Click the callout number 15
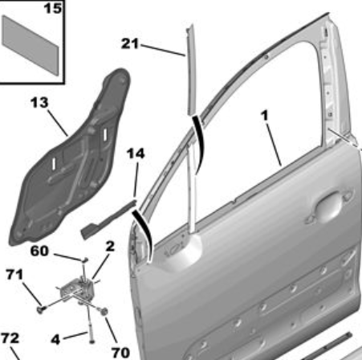pyautogui.click(x=53, y=9)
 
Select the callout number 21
pyautogui.click(x=130, y=43)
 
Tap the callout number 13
pyautogui.click(x=39, y=102)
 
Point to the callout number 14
pyautogui.click(x=136, y=153)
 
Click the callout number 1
pyautogui.click(x=264, y=116)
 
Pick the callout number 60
pyautogui.click(x=39, y=252)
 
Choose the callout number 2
pyautogui.click(x=110, y=247)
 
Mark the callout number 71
pyautogui.click(x=14, y=274)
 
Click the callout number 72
pyautogui.click(x=10, y=338)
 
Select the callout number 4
pyautogui.click(x=55, y=340)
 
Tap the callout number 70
pyautogui.click(x=120, y=353)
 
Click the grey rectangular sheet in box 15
pyautogui.click(x=30, y=45)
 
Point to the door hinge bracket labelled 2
pyautogui.click(x=78, y=291)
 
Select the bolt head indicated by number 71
pyautogui.click(x=41, y=310)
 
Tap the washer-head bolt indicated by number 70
pyautogui.click(x=104, y=311)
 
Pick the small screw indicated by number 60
pyautogui.click(x=85, y=260)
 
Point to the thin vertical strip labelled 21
pyautogui.click(x=192, y=70)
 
